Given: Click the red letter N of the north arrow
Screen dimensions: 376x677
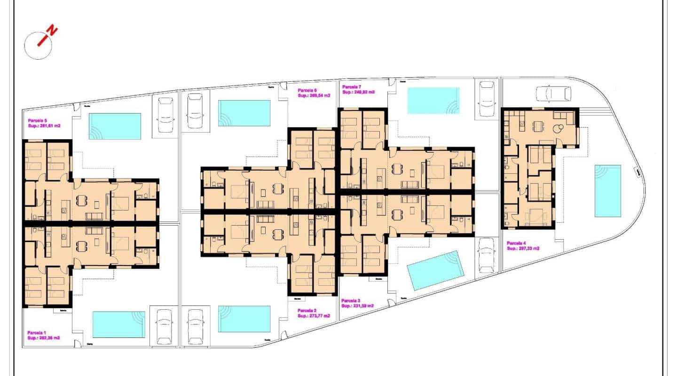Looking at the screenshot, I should point(53,31).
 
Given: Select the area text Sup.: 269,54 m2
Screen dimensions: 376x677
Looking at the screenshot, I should point(314,95).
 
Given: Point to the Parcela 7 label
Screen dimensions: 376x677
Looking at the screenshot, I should point(352,87).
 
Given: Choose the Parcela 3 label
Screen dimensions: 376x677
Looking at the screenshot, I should point(351,300).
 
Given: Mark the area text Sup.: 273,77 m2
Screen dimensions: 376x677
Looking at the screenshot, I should point(314,316).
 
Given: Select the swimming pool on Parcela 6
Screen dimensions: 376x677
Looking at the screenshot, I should point(244,113).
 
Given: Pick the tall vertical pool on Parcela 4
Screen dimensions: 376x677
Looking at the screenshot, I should point(607,190).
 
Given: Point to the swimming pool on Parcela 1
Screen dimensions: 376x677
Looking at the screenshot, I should point(118,324).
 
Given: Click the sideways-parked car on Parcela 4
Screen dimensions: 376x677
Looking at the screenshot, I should point(552,94).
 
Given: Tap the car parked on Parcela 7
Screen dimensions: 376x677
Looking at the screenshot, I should point(487,99).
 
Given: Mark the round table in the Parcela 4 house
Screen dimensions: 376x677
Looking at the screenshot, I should point(559,127).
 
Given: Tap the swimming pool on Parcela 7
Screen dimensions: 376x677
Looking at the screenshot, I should point(433,100).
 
